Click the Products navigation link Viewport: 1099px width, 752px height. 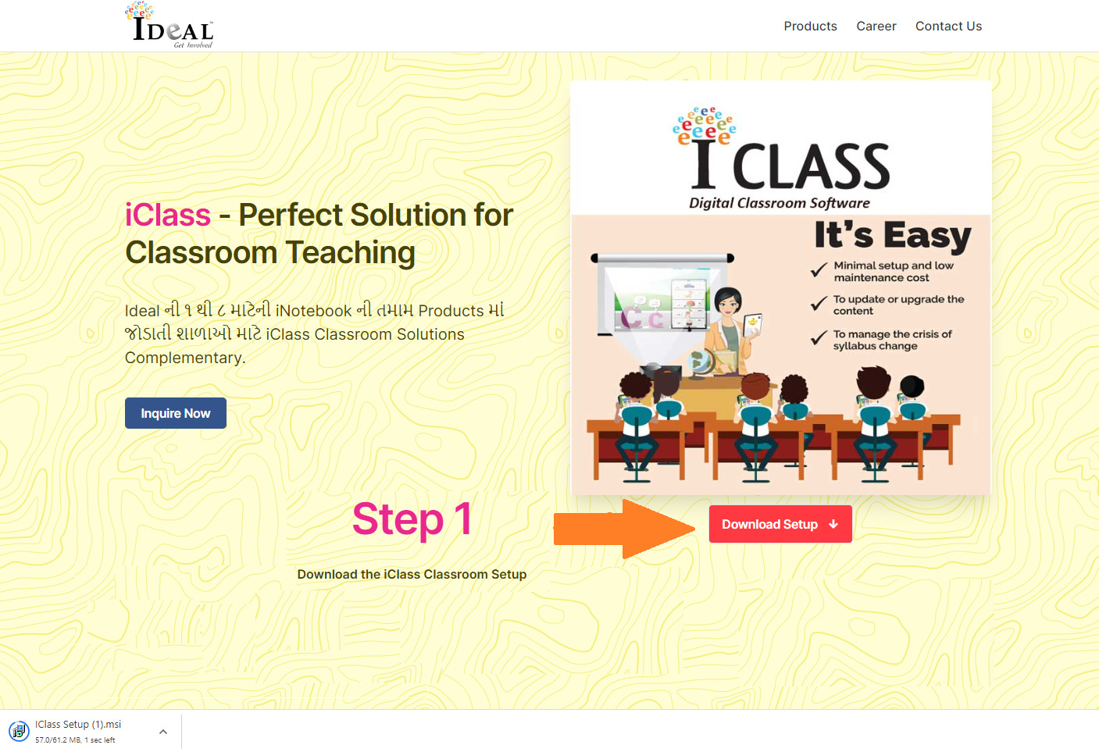(810, 26)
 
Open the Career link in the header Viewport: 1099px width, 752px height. (876, 26)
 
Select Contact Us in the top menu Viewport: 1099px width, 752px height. (948, 26)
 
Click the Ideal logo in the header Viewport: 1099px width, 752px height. (169, 25)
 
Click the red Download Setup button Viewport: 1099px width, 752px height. (780, 524)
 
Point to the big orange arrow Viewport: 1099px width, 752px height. (624, 529)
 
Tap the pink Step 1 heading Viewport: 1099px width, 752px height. (412, 519)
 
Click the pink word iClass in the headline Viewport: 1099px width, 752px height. (168, 215)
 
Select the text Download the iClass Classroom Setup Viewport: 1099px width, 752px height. (412, 574)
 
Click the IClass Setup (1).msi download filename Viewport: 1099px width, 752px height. (78, 724)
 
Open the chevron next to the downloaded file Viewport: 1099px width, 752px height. (163, 732)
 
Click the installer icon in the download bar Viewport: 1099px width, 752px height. (19, 732)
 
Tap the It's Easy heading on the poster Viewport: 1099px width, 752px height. (893, 237)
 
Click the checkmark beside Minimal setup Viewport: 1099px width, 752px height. (819, 269)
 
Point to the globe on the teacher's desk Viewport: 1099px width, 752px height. (698, 363)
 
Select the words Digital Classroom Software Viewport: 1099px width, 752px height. (779, 203)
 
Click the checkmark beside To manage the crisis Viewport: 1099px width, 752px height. (819, 337)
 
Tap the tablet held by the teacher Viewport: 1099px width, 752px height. (753, 325)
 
